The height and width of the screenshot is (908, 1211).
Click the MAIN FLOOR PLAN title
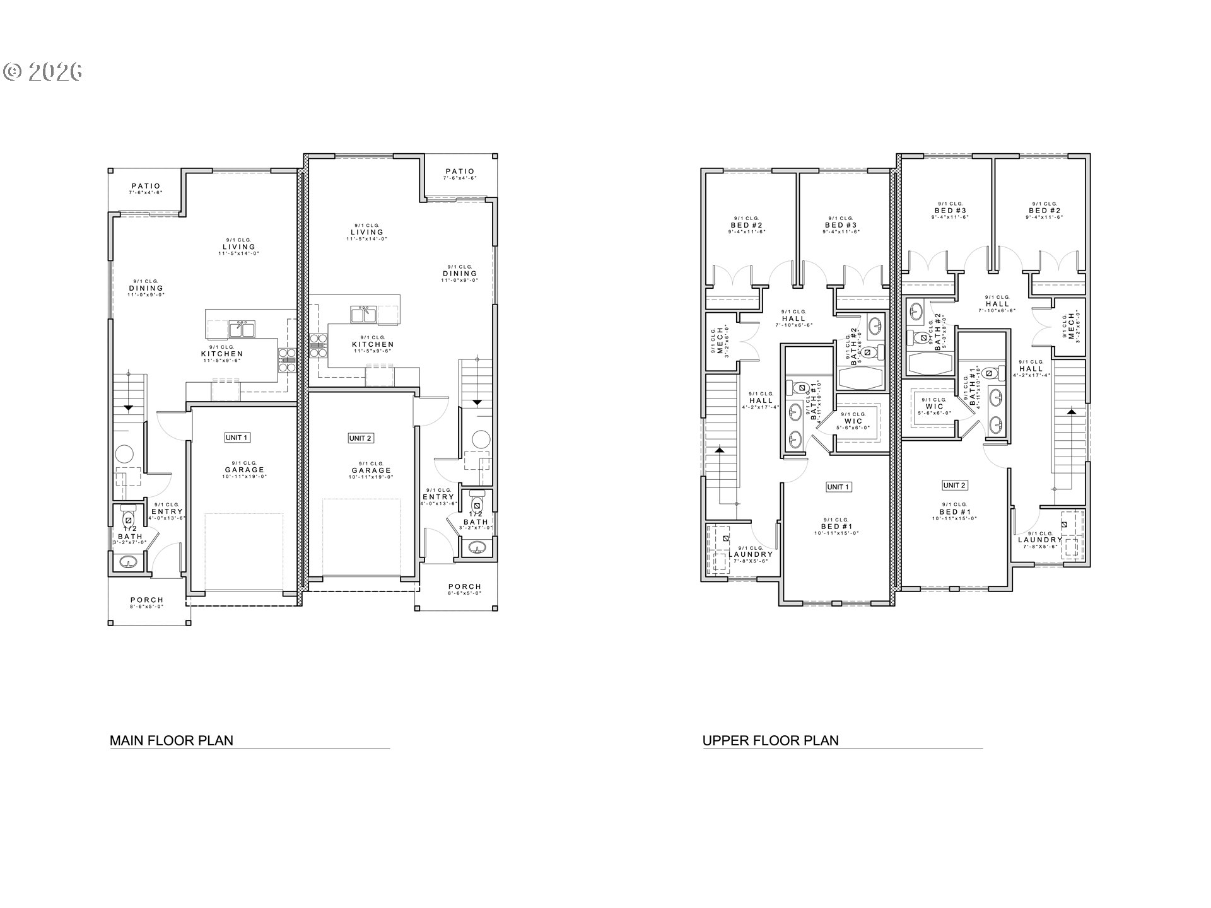172,740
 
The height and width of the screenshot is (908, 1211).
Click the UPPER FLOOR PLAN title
771,740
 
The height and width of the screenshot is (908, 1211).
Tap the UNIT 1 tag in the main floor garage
237,438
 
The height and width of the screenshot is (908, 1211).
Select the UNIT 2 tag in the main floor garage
360,438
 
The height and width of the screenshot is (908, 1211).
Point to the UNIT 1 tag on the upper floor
838,487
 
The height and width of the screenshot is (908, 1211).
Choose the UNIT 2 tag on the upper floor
954,485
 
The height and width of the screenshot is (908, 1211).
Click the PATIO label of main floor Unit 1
146,187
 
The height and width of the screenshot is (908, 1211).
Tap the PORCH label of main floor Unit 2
465,586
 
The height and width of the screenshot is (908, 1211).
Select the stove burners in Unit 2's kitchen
317,341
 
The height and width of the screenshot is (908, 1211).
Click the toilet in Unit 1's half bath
129,517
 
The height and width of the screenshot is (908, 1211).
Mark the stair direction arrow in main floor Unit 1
128,407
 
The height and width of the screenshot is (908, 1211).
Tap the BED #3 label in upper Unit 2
950,211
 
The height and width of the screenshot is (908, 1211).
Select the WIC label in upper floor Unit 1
853,421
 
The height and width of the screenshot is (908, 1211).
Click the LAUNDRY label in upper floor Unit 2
1040,540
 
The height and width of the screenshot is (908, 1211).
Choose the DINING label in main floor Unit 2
460,274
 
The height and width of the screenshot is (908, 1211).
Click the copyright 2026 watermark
43,72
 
